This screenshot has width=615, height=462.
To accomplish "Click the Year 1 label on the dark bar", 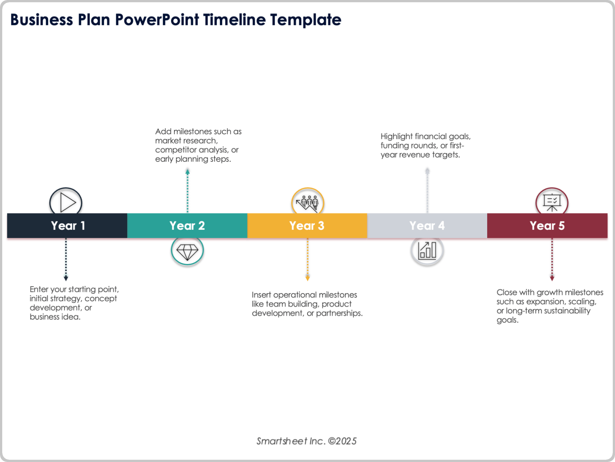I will pyautogui.click(x=68, y=226).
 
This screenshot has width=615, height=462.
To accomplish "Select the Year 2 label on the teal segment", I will pyautogui.click(x=187, y=226).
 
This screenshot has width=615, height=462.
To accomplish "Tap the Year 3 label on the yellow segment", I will pyautogui.click(x=307, y=226).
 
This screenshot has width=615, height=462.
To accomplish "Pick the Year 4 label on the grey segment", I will pyautogui.click(x=427, y=226).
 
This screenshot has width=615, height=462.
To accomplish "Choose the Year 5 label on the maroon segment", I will pyautogui.click(x=547, y=226).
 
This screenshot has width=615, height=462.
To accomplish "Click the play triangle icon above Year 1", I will pyautogui.click(x=67, y=202).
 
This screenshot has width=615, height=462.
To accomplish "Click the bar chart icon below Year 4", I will pyautogui.click(x=427, y=251).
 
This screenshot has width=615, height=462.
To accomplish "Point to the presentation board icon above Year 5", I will pyautogui.click(x=552, y=203).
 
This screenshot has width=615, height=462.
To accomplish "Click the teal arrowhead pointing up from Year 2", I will pyautogui.click(x=188, y=172).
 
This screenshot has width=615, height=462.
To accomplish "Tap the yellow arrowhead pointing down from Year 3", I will pyautogui.click(x=307, y=278).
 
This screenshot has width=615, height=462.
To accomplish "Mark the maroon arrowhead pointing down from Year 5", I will pyautogui.click(x=552, y=278).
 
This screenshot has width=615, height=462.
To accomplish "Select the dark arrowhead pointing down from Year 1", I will pyautogui.click(x=66, y=278).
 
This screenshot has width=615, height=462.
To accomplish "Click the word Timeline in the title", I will pyautogui.click(x=234, y=20).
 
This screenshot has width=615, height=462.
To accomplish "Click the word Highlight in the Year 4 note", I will pyautogui.click(x=397, y=137).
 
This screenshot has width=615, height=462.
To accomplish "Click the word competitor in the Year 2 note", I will pyautogui.click(x=176, y=150).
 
